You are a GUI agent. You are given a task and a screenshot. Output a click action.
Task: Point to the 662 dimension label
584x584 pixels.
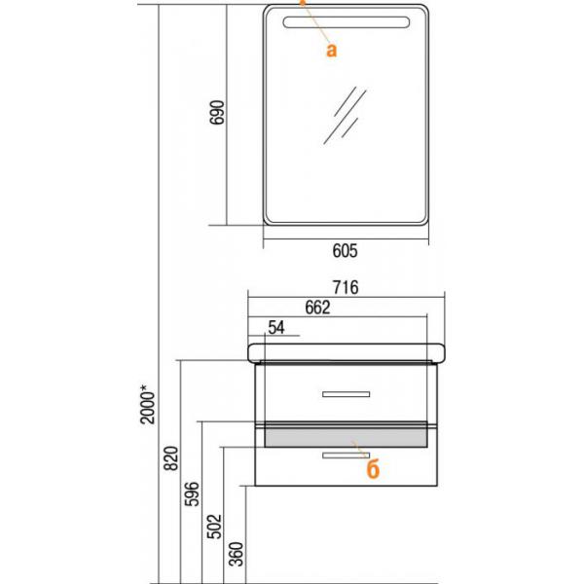click(318, 309)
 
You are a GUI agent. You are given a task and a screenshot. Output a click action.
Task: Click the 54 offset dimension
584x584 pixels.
click(276, 329)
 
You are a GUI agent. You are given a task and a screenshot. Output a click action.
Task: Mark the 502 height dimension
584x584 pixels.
click(214, 527)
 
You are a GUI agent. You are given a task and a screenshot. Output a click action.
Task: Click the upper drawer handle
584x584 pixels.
click(346, 394)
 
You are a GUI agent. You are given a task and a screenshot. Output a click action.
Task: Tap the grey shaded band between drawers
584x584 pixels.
click(346, 435)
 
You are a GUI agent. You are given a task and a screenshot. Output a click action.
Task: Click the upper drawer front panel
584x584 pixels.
click(292, 394)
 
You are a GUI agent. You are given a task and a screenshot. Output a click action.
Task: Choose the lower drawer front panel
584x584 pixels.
click(292, 465)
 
